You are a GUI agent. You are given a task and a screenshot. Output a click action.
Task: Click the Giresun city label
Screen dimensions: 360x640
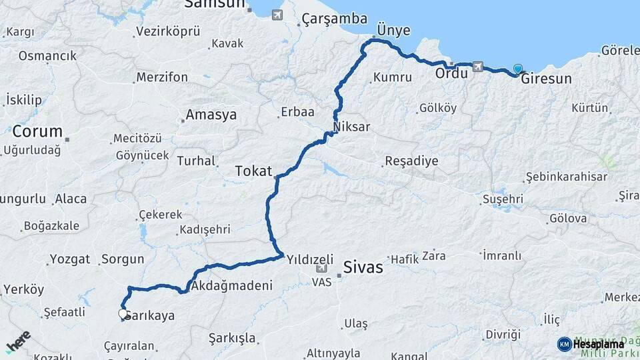546,79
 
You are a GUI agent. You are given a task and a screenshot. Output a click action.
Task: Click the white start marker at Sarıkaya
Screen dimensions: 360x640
123,313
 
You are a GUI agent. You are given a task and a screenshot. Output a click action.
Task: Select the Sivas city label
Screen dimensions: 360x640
363,267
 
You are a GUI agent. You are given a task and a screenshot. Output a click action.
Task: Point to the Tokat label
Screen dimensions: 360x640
253,171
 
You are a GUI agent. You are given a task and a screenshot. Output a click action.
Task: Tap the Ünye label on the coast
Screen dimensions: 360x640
393,31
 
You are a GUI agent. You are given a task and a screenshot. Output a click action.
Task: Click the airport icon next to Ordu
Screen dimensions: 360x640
477,67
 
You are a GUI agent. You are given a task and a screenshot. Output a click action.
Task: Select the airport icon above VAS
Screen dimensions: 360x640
321,268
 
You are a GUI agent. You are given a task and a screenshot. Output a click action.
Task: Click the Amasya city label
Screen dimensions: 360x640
211,115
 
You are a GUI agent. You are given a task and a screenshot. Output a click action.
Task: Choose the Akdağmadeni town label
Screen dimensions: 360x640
232,286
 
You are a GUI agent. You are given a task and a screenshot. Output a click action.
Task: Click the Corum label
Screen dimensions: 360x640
37,131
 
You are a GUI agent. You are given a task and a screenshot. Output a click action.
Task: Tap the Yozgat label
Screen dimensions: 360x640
69,259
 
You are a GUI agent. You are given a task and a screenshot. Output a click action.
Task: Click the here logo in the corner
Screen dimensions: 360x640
18,342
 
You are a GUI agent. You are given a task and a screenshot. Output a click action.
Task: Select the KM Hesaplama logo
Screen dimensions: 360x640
590,344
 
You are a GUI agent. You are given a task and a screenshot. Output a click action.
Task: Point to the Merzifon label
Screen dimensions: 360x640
161,77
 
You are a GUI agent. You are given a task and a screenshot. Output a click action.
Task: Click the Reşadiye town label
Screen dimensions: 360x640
411,161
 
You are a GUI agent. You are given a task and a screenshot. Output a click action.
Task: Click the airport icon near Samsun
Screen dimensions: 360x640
277,15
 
